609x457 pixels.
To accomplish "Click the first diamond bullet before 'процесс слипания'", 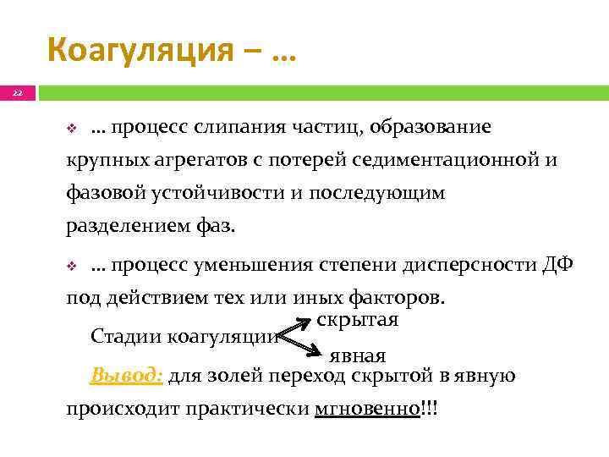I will pos(72,129).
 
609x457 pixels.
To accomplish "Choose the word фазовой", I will pos(101,193).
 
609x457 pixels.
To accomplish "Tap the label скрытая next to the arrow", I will pos(359,321).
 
